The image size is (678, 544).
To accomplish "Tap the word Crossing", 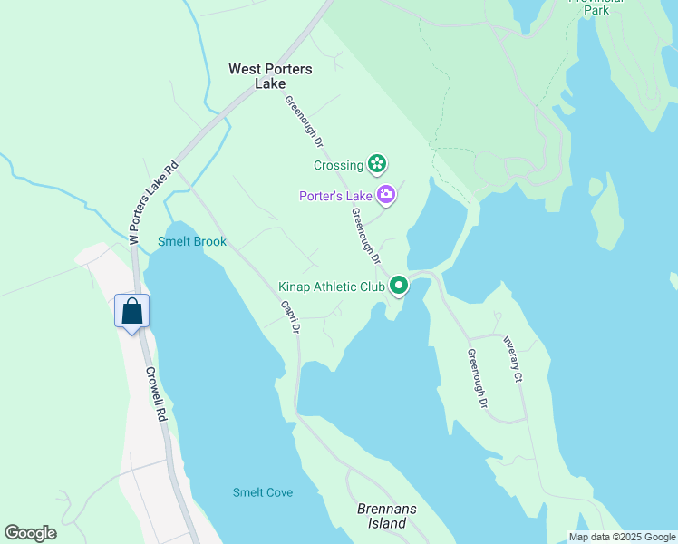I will [338, 165].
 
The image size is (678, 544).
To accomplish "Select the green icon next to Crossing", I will [377, 164].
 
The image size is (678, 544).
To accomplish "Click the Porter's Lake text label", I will [336, 195].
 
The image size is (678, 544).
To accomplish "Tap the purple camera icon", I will [387, 194].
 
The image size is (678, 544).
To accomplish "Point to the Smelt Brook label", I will [192, 241].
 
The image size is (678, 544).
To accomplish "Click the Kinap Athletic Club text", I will [332, 287].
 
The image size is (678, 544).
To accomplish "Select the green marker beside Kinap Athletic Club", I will [399, 287].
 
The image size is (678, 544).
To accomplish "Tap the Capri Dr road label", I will [289, 317].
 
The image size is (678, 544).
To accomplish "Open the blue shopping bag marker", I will [132, 311].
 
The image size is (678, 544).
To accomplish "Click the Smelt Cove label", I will [263, 492].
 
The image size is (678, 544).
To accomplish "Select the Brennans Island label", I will [387, 516].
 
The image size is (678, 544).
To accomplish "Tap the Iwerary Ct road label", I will [513, 358].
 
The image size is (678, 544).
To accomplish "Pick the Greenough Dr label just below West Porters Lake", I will [304, 121].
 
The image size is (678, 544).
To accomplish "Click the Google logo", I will [30, 533].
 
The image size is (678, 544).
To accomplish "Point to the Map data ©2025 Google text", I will [622, 537].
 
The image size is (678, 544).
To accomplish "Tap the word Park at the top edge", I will [596, 9].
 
